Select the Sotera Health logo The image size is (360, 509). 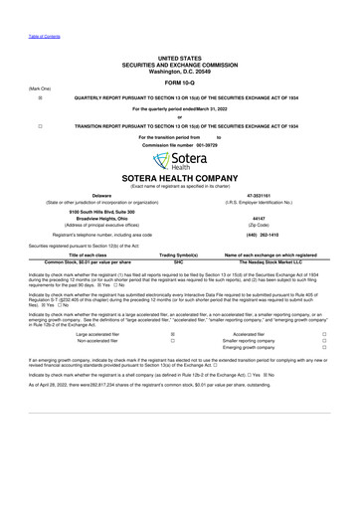[x=179, y=162]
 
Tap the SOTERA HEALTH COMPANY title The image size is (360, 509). [x=179, y=180]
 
